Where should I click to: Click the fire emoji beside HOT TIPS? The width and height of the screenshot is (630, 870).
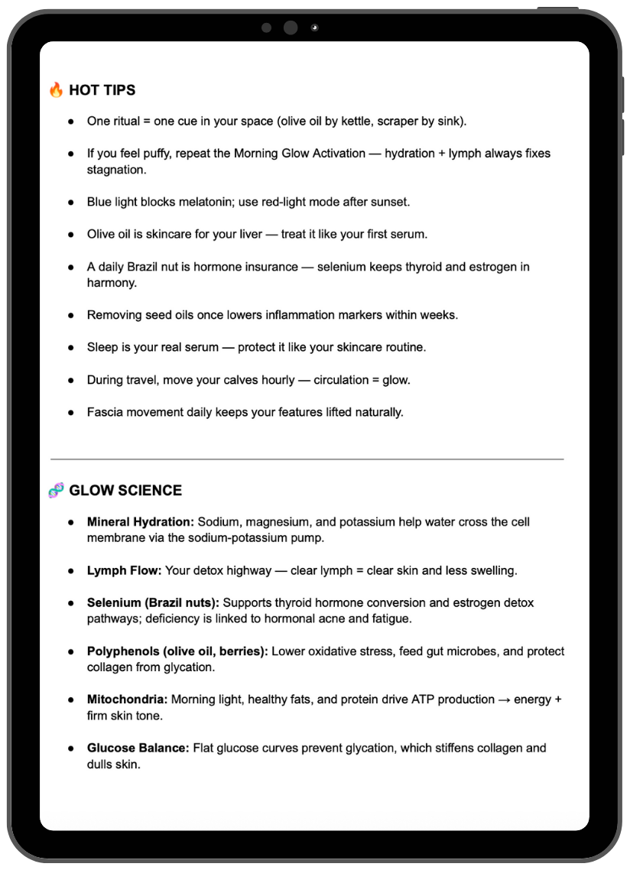pos(56,90)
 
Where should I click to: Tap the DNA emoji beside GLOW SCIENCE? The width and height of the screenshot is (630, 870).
pos(56,491)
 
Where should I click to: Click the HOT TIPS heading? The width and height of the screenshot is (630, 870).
pos(102,90)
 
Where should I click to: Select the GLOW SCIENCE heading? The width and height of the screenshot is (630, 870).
pos(125,491)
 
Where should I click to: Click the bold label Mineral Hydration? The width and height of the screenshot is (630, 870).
pos(141,522)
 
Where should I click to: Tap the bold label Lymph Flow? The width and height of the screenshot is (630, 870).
pos(124,571)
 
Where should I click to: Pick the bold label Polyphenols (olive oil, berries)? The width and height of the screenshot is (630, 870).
pos(177,651)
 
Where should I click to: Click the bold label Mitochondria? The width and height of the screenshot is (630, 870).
pos(128,700)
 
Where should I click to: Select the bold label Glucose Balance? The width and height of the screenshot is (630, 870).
pos(138,748)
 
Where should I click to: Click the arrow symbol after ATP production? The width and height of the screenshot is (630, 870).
pos(505,700)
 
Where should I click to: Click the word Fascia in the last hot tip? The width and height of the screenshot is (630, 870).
pos(104,412)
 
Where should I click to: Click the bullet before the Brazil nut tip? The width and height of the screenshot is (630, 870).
pos(71,268)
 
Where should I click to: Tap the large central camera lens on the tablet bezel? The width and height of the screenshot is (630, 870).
pos(291,28)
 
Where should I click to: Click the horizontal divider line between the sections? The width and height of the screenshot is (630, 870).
pos(307,459)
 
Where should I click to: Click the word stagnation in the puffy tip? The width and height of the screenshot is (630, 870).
pos(116,170)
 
